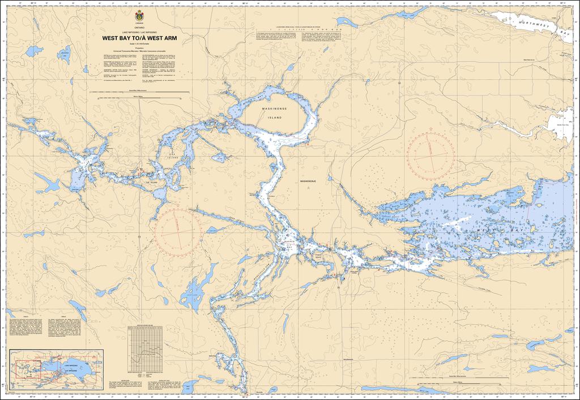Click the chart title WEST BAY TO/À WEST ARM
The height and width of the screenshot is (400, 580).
click(139, 39)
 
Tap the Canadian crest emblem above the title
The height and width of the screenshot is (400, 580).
click(139, 15)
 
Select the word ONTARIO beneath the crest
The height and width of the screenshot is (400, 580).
click(139, 27)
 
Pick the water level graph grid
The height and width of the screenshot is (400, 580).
click(148, 347)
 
